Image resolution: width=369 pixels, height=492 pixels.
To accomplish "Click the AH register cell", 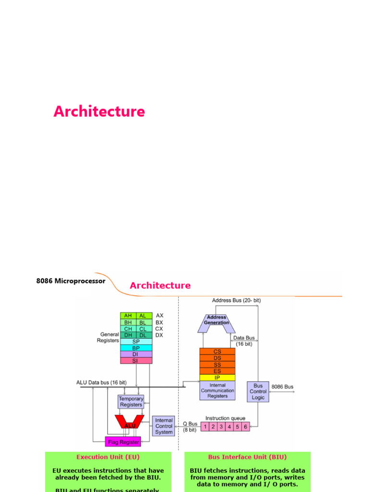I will coord(128,316).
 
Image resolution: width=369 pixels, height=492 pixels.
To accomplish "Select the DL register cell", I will coord(144,335).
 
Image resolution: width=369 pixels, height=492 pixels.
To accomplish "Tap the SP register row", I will coord(136,342).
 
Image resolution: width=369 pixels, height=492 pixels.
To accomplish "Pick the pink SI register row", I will coord(136,360).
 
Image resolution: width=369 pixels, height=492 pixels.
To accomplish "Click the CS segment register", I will coord(218,352).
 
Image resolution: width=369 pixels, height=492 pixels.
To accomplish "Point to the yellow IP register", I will coord(218,378).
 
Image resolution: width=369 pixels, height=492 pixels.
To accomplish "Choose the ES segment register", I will coord(218,371).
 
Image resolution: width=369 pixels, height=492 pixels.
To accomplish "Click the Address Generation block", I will coord(217,320).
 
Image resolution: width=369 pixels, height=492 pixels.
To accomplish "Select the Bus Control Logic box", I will coord(258,392).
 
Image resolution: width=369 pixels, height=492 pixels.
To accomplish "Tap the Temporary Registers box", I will coord(131,402).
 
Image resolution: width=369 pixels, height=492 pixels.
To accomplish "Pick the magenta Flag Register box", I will coord(123,442).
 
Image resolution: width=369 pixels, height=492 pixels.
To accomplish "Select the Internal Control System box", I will coord(164,426).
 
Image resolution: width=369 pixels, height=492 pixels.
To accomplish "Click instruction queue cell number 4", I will coord(229,426).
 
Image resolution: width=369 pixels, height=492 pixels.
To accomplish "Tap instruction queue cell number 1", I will coord(205,426).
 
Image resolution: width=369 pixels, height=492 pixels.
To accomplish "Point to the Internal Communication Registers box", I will coord(218,391).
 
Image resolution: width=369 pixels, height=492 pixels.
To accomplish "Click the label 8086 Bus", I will coord(282,387).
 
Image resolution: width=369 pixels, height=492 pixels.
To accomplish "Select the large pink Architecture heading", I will coord(99,111).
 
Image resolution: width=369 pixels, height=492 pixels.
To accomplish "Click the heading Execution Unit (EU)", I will coord(108,457).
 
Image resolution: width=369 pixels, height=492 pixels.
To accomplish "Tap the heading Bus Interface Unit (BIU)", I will coord(247,457).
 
